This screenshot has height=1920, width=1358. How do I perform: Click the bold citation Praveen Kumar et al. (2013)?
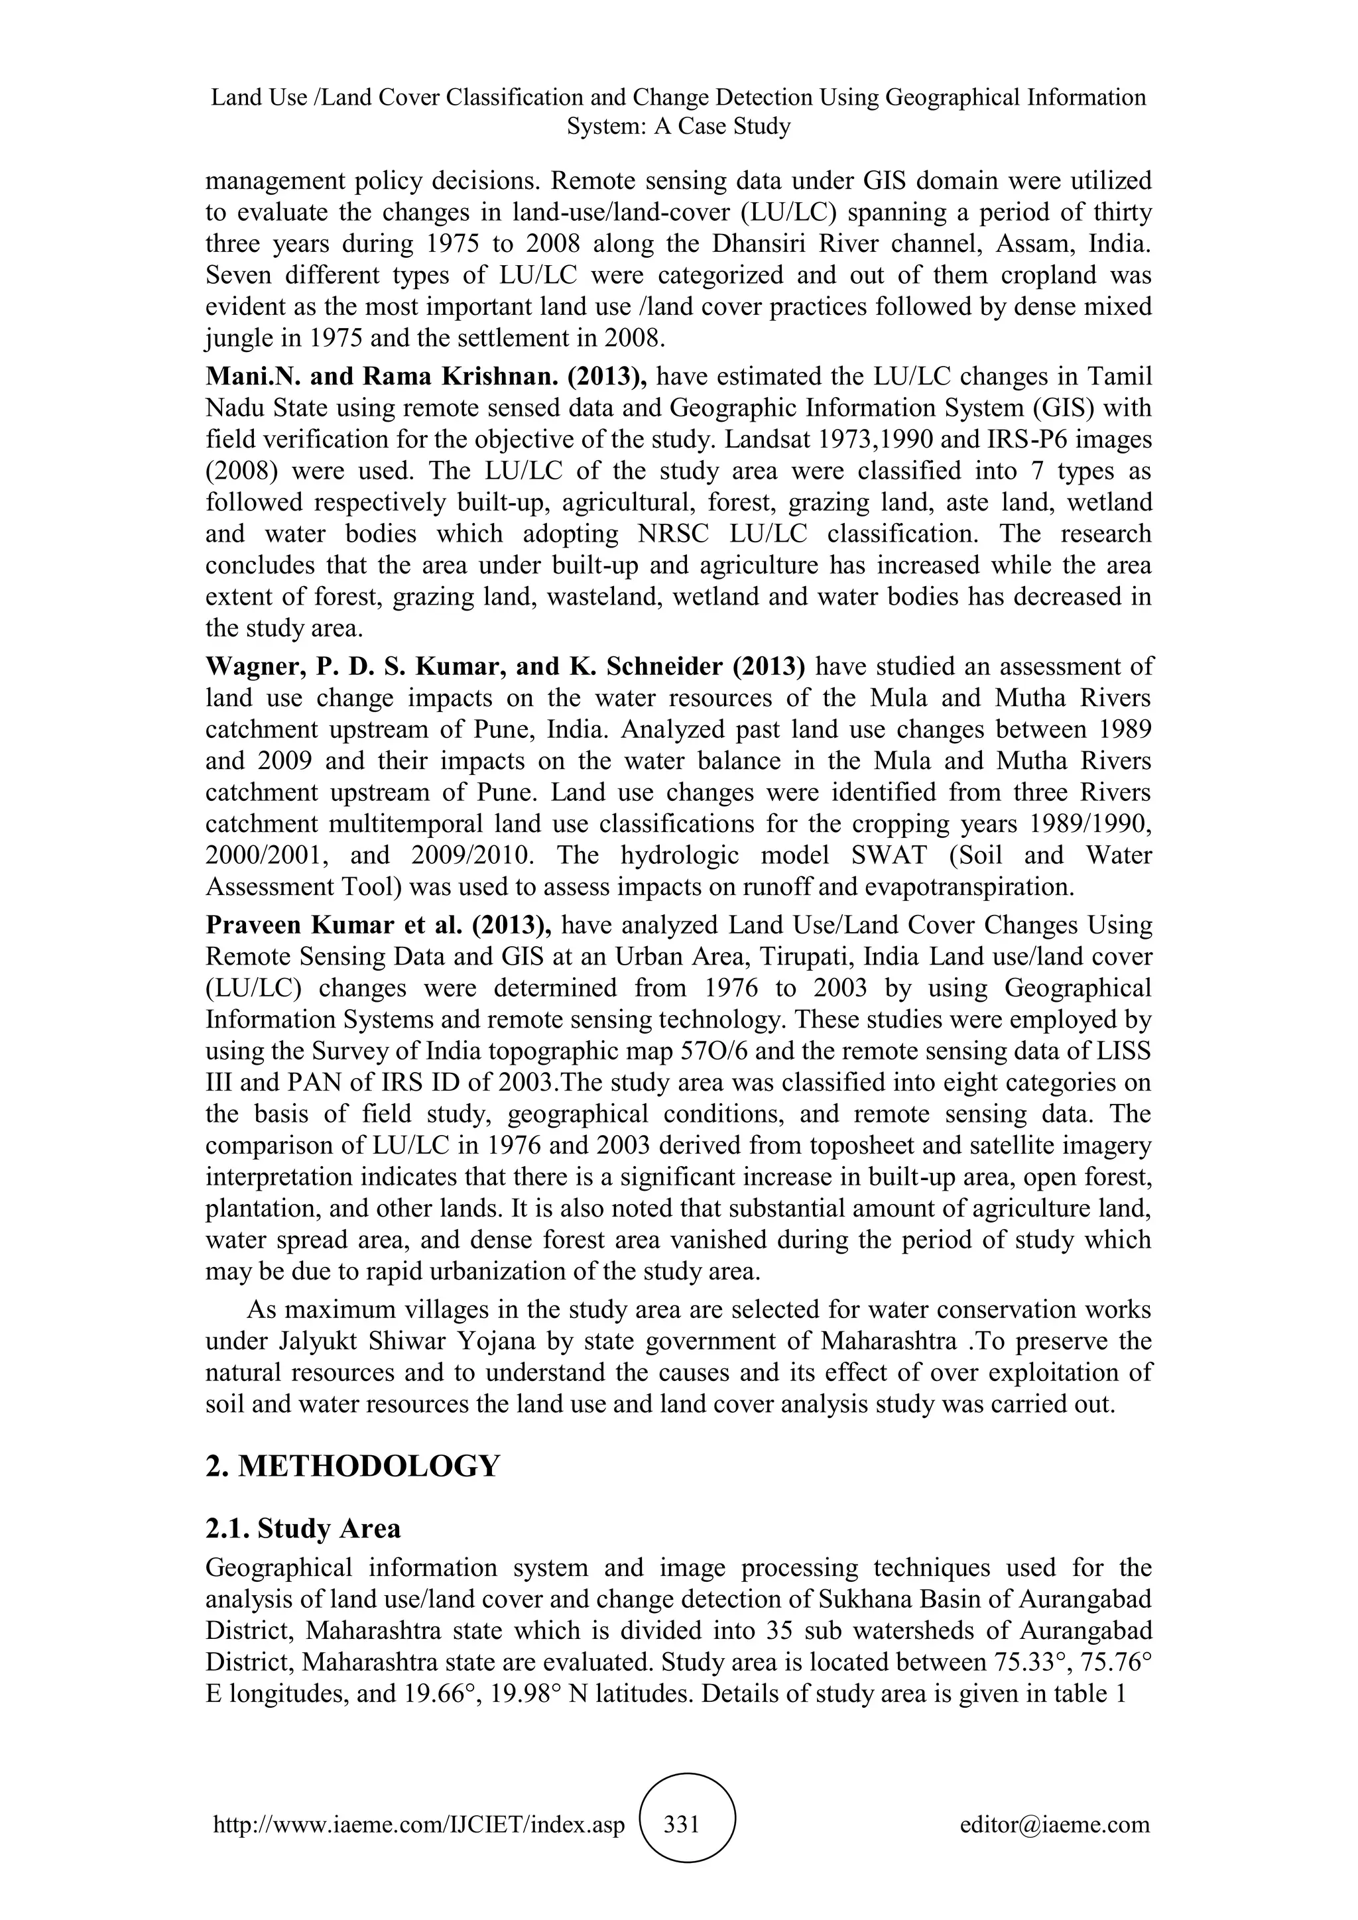(x=378, y=926)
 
